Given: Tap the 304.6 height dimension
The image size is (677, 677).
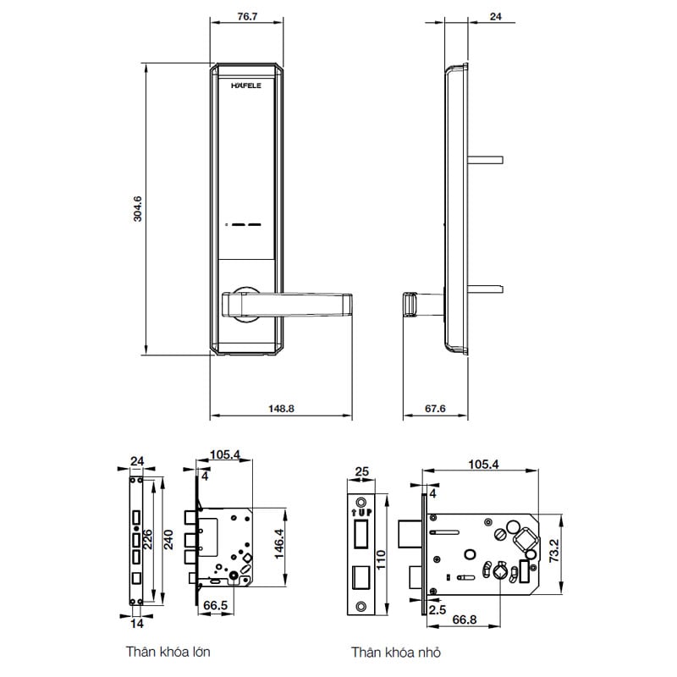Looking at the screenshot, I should coord(138,209).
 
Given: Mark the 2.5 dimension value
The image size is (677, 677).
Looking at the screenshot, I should coord(438,609).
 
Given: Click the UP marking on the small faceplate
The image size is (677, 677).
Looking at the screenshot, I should coord(361,513).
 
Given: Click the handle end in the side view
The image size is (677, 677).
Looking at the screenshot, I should coord(410,303).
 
